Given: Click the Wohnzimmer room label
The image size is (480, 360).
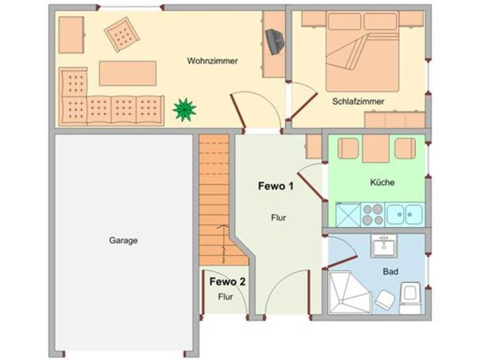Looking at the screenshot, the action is [212, 61].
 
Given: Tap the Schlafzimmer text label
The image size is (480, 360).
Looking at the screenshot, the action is [358, 101].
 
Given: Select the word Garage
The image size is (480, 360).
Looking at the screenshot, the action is [123, 241].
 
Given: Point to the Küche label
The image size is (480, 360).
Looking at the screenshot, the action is [382, 182].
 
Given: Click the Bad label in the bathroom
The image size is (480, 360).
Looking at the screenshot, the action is [390, 271].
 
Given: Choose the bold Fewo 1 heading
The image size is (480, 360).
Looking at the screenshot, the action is [276, 186].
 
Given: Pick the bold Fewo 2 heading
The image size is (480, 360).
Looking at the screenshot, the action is [227, 282].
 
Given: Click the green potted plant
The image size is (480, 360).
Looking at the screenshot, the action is [184, 109].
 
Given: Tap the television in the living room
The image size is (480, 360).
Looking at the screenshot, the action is [274, 41].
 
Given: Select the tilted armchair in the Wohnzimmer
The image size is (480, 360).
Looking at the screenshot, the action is [122, 34].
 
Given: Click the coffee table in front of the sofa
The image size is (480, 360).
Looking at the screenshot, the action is [127, 73].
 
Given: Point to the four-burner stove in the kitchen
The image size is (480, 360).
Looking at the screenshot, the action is [373, 214].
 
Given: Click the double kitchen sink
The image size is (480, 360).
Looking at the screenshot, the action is [405, 214].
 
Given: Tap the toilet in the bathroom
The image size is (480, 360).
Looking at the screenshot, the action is [410, 298].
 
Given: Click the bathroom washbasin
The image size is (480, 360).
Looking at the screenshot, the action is [384, 246].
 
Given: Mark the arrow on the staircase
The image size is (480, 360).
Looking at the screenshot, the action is [223, 244].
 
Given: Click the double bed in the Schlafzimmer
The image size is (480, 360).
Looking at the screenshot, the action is [362, 51].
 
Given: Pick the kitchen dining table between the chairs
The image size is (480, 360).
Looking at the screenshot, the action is [376, 149].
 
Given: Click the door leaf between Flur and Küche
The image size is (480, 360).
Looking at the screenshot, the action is [310, 187].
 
